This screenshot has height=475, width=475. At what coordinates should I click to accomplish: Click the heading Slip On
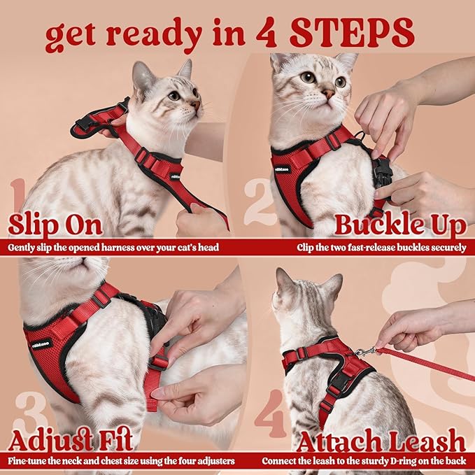point(55,225)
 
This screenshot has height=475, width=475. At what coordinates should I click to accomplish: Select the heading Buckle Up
point(400,225)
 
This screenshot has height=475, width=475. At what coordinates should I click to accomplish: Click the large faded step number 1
point(20,199)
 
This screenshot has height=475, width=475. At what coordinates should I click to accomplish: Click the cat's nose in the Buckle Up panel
point(328,92)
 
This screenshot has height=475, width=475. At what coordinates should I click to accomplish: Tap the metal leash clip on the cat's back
point(364,351)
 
